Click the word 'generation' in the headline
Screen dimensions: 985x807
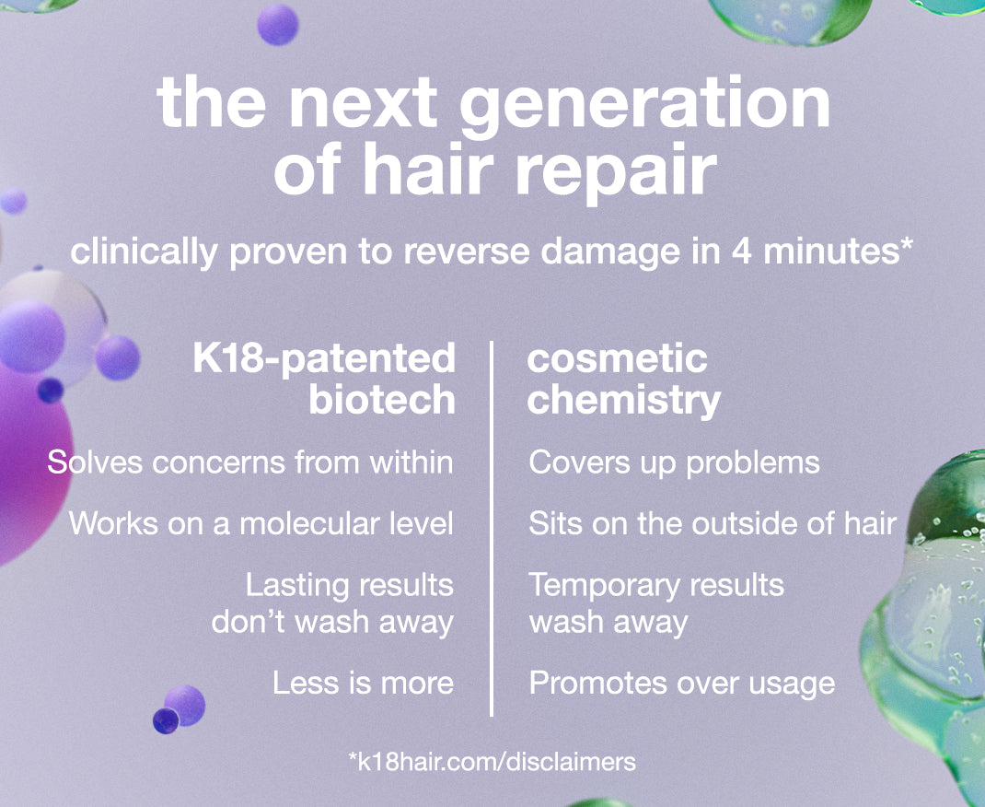(646, 106)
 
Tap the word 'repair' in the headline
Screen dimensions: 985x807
(617, 171)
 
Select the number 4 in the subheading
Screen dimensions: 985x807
(741, 251)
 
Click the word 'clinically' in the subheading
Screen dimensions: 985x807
(144, 252)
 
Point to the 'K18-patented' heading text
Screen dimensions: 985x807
(324, 359)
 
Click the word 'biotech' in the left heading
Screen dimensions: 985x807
(382, 400)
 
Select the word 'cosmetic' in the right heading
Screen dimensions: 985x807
(618, 359)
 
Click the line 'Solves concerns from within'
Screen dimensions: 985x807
(250, 462)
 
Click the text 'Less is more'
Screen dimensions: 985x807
(363, 683)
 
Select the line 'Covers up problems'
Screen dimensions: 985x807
(674, 463)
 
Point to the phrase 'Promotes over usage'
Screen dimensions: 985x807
(682, 684)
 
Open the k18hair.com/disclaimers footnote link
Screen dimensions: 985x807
(492, 762)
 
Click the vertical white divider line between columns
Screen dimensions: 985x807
(492, 528)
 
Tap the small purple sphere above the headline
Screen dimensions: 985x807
(278, 25)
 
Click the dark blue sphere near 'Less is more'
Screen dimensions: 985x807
(166, 721)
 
